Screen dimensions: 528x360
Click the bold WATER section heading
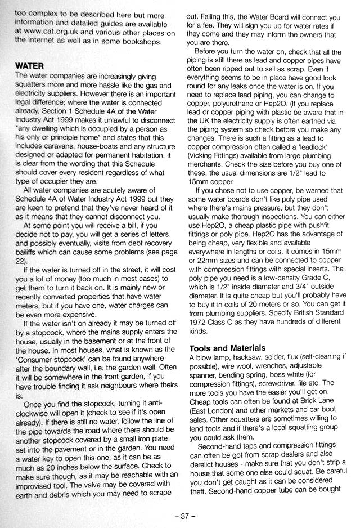click(29, 65)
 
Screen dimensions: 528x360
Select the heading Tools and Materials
click(227, 348)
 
